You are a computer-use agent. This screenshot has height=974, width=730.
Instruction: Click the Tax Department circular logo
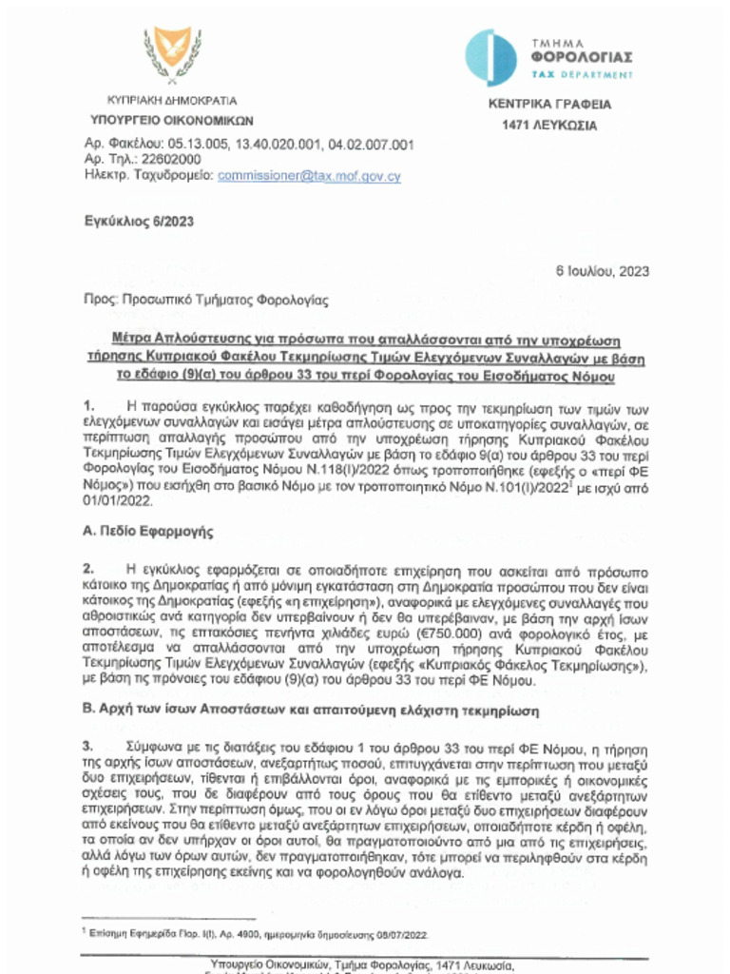(x=490, y=56)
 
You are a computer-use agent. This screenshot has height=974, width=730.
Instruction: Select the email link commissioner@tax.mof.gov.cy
(x=309, y=176)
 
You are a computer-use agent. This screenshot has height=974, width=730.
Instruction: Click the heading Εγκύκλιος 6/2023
(x=139, y=222)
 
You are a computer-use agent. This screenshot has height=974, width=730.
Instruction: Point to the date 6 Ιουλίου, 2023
(x=602, y=271)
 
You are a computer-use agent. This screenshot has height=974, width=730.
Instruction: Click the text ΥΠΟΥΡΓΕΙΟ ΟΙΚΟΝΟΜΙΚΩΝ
(x=171, y=121)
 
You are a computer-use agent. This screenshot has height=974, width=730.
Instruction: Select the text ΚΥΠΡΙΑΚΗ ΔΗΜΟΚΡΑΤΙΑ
(x=172, y=101)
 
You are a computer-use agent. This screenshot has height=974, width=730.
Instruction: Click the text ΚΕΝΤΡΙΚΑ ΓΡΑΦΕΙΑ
(x=549, y=106)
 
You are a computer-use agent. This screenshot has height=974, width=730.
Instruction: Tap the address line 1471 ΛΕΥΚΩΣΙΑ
(x=549, y=126)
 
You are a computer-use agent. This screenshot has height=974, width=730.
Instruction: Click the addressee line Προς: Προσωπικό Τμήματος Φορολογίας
(x=205, y=301)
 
